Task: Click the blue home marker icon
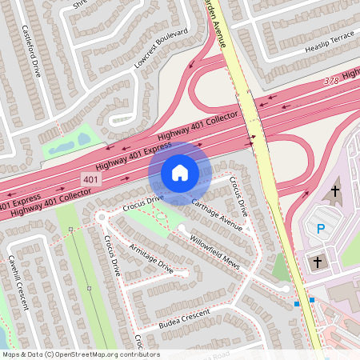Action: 180,172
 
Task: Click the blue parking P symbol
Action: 321,229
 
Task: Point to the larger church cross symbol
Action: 334,191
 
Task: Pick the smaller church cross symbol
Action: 317,262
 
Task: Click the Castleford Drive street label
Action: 35,50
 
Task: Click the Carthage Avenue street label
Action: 217,214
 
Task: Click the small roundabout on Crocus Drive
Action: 102,217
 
